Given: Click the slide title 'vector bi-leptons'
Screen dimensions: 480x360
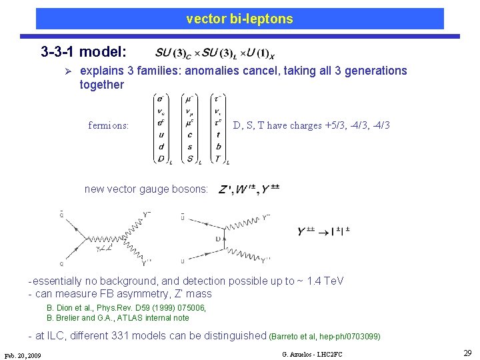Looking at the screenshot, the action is coord(239,19).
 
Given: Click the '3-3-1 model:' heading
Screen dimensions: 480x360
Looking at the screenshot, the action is coord(88,51).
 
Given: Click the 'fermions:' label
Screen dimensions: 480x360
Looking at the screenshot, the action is coord(109,125).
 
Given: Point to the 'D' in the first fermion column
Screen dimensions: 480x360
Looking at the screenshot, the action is coord(161,158).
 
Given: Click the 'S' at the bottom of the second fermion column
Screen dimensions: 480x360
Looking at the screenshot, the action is coord(189,158).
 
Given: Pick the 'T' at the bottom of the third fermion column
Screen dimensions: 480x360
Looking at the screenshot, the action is coord(218,158).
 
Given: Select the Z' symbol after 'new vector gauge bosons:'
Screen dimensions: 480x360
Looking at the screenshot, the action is coord(226,189).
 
